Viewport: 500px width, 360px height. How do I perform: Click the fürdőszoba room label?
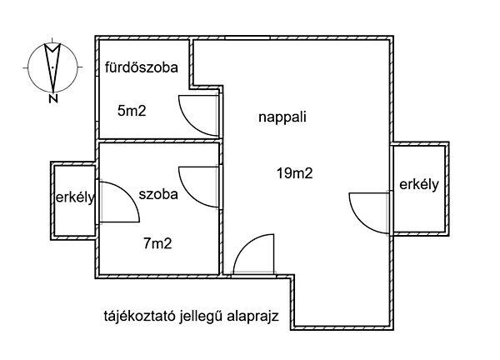coord(142,67)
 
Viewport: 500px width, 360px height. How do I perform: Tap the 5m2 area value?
coord(132,111)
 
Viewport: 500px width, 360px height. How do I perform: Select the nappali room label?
coord(282,117)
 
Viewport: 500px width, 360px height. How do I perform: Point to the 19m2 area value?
coord(295,174)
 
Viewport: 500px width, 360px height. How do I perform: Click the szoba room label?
coord(158,194)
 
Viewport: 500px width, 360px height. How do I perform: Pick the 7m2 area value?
coord(157,244)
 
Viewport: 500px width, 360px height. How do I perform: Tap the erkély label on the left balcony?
coord(75,197)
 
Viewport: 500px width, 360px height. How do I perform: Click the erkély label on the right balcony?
coord(419,185)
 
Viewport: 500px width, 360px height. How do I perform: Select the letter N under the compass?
coord(53,98)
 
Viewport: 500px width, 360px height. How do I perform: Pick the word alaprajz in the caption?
coord(252,317)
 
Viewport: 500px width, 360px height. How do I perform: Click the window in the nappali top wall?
coord(247,38)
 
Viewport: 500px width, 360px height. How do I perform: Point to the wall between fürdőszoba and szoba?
coord(159,140)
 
